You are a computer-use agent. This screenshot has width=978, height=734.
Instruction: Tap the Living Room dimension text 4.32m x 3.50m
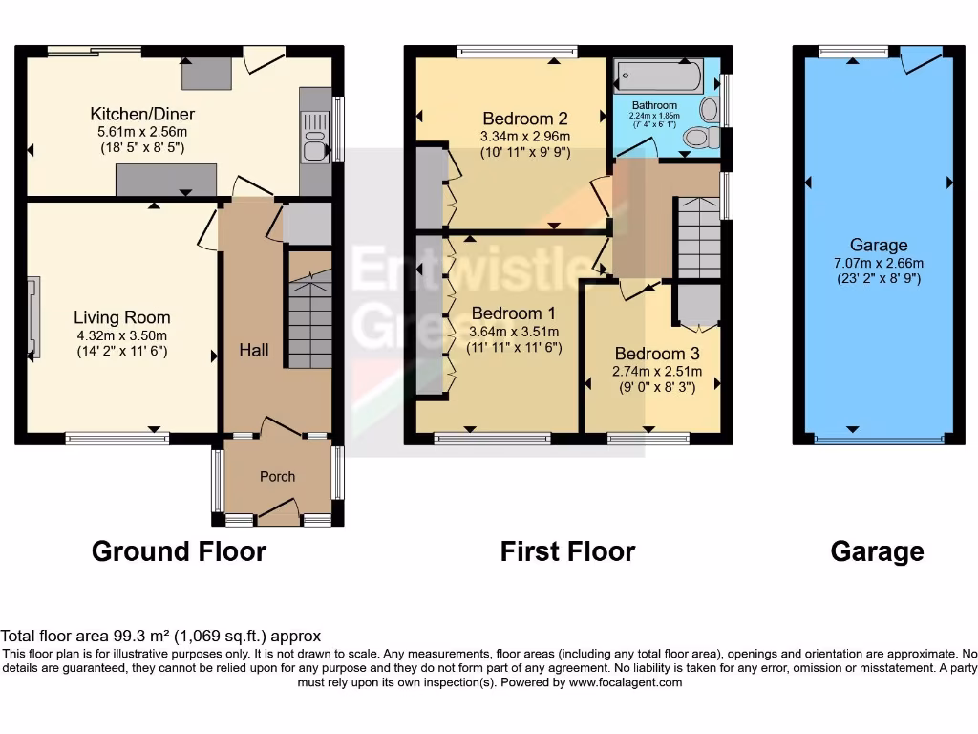click(121, 335)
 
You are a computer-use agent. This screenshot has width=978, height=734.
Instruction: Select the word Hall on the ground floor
click(253, 351)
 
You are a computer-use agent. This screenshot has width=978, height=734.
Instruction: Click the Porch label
click(278, 476)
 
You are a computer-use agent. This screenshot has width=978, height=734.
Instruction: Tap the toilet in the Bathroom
click(703, 139)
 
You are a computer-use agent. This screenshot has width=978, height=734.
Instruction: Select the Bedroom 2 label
click(525, 119)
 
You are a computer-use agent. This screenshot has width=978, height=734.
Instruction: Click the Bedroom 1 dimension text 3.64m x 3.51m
click(514, 332)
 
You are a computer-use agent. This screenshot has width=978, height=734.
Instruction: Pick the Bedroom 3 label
click(649, 354)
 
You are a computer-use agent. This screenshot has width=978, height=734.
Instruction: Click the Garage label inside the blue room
click(878, 245)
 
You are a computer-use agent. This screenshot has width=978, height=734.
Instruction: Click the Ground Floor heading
click(179, 551)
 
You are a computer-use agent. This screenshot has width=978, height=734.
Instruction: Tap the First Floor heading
click(567, 551)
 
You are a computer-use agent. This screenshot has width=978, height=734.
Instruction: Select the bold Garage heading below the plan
click(877, 551)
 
